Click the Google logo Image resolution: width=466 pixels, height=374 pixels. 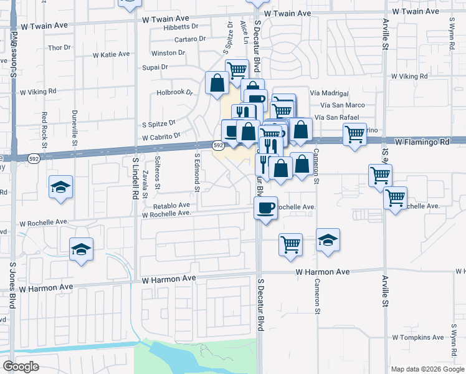click(21, 367)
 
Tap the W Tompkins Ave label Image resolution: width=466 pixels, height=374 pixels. click(417, 337)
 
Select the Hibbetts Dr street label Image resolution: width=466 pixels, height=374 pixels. click(180, 27)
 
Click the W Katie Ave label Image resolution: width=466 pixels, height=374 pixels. click(111, 54)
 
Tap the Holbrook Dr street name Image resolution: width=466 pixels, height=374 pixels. click(175, 92)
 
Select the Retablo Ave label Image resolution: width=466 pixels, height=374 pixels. click(168, 204)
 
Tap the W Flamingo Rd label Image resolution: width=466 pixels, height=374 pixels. click(421, 141)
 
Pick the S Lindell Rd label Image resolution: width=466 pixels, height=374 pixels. click(135, 178)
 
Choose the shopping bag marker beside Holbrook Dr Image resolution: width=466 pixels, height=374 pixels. click(217, 83)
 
